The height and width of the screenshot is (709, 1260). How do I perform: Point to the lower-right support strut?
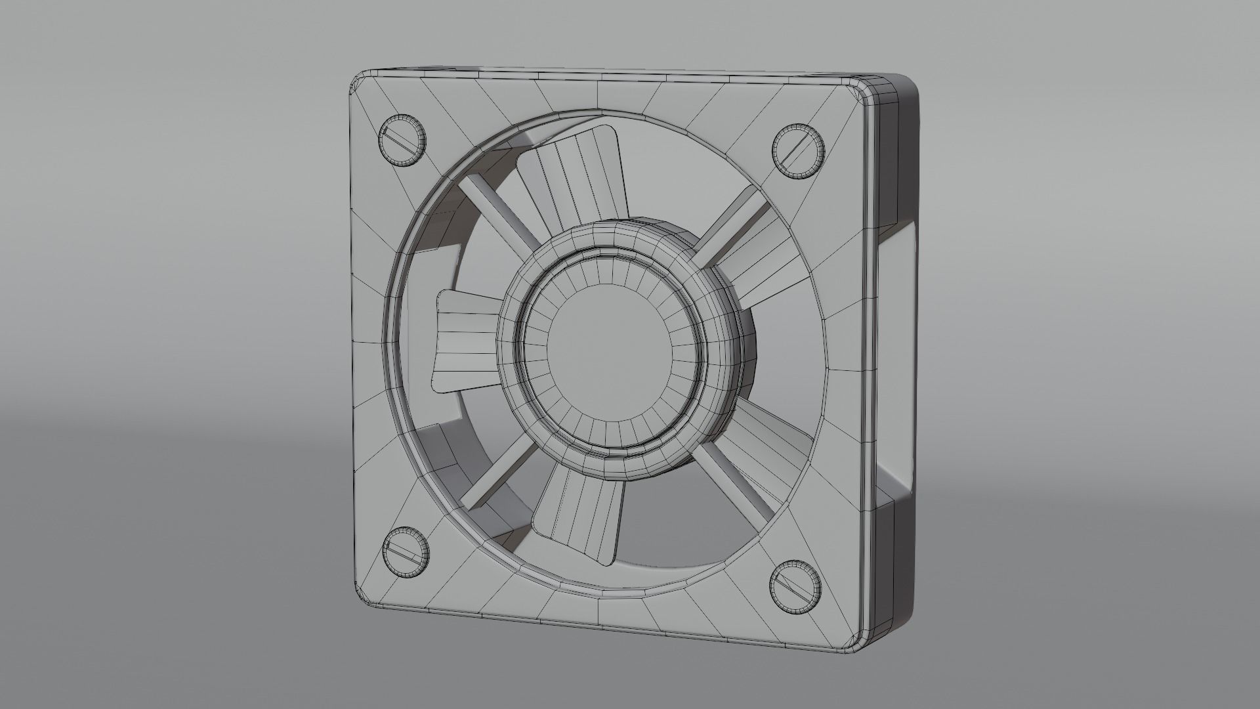pyautogui.click(x=735, y=483)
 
